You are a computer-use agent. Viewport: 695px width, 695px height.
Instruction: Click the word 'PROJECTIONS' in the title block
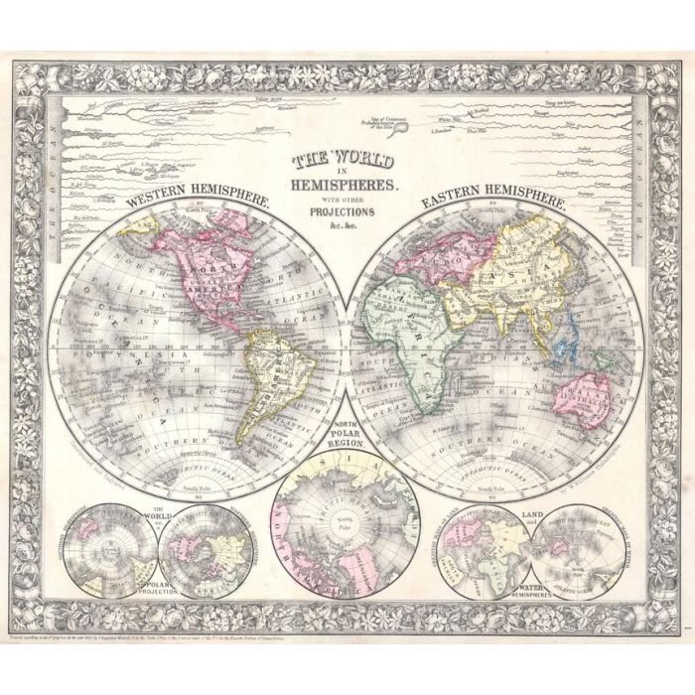pyautogui.click(x=342, y=212)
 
